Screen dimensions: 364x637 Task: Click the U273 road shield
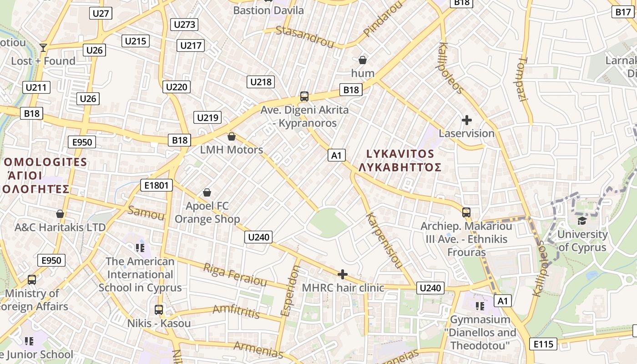point(185,25)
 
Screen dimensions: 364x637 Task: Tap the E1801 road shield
point(156,185)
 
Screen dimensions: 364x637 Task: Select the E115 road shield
point(544,344)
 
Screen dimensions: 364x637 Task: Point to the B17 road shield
point(623,12)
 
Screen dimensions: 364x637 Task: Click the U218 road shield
point(261,82)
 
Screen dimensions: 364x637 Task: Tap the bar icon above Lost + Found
point(43,47)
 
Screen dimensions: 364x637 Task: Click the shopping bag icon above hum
point(363,60)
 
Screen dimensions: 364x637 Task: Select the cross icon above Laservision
point(466,120)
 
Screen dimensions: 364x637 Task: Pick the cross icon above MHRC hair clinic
point(343,274)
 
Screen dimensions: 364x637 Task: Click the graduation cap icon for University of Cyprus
point(582,221)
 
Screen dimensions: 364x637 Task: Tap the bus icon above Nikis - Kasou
point(158,310)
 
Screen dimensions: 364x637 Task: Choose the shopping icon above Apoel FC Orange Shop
point(207,193)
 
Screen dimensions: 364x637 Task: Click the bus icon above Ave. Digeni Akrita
point(304,96)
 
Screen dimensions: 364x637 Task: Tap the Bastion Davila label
point(268,10)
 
